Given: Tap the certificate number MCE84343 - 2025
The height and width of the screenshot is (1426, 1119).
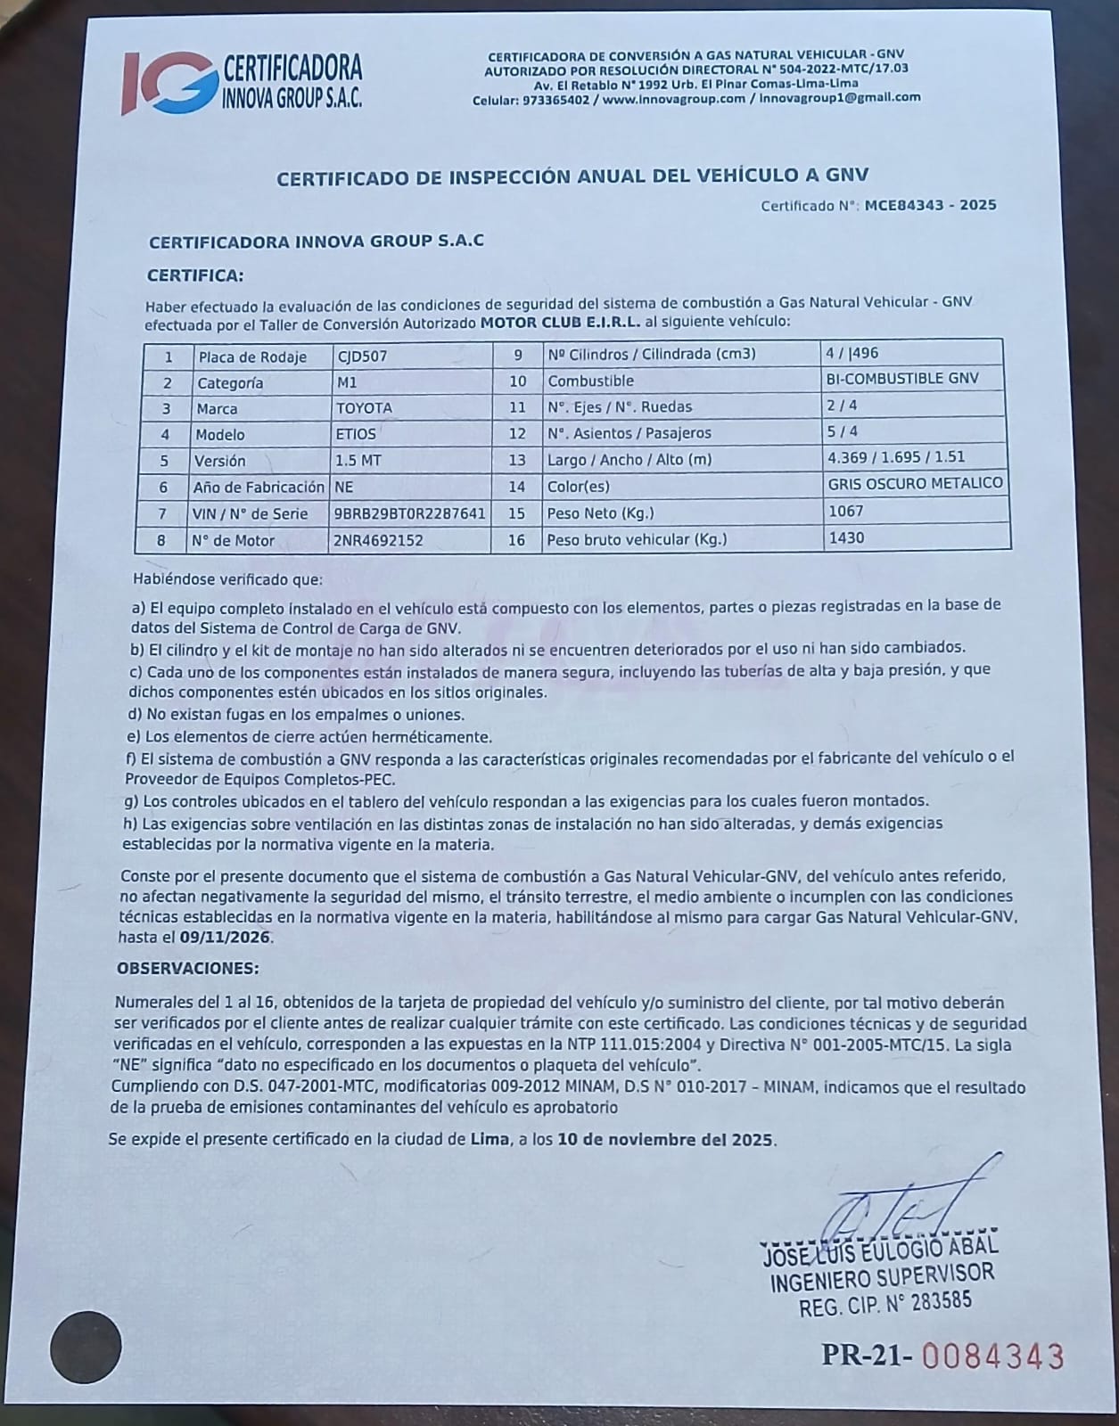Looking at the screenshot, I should click(x=930, y=205).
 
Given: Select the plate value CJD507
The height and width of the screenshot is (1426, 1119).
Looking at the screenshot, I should click(x=362, y=356).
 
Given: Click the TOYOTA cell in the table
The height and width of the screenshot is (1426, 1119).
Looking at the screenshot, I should click(x=363, y=408).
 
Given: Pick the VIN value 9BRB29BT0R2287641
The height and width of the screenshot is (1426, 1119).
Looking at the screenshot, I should click(x=409, y=513).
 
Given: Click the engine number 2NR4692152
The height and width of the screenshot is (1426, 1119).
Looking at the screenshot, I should click(x=378, y=540).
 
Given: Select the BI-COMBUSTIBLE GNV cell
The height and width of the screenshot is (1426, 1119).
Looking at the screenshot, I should click(x=902, y=379).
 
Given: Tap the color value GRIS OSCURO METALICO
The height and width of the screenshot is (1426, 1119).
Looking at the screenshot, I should click(x=916, y=483).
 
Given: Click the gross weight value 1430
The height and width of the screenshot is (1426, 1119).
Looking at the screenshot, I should click(x=846, y=537).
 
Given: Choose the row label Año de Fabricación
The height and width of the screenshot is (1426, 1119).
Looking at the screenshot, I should click(x=259, y=488).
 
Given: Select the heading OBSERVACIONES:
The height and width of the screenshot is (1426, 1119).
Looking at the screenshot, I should click(x=188, y=968).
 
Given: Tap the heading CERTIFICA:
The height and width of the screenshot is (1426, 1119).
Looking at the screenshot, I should click(x=194, y=275).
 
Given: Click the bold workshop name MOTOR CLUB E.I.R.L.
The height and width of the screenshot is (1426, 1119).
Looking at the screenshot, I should click(x=561, y=322).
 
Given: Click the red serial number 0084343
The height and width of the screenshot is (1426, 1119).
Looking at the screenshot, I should click(x=992, y=1356).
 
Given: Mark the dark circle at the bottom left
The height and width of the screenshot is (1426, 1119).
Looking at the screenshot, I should click(x=86, y=1348).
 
